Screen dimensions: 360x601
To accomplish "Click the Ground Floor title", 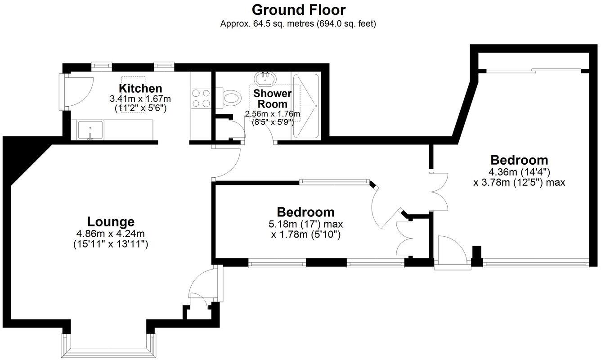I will pyautogui.click(x=298, y=9).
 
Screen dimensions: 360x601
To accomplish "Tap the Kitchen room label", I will pyautogui.click(x=140, y=88).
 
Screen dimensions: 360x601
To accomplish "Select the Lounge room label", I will pyautogui.click(x=111, y=222).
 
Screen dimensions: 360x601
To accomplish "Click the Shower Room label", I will pyautogui.click(x=272, y=99).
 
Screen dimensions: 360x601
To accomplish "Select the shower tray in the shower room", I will pyautogui.click(x=305, y=106).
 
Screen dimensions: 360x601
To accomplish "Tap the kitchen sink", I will pyautogui.click(x=90, y=129).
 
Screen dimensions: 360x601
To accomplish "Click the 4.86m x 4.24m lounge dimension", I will pyautogui.click(x=111, y=234).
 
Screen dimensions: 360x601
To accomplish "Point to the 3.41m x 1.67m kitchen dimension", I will pyautogui.click(x=140, y=98).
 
